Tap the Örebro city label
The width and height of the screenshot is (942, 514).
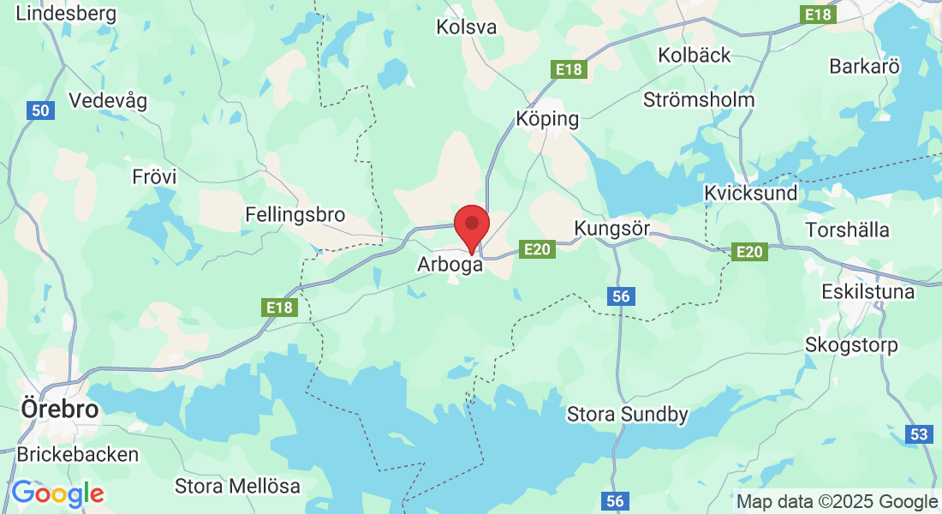[58, 409]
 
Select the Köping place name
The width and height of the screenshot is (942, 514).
[547, 119]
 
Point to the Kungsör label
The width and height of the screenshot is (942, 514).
[612, 229]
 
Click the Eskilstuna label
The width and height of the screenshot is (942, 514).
[867, 291]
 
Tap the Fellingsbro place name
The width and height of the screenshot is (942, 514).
[295, 214]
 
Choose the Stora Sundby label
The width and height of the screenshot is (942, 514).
[628, 415]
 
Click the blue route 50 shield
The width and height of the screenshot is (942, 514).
[40, 110]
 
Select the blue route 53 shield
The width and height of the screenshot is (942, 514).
[919, 434]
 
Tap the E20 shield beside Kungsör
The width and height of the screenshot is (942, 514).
[538, 249]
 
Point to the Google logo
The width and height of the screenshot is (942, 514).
[57, 493]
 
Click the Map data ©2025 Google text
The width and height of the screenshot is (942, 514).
[838, 502]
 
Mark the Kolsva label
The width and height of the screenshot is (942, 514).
[466, 27]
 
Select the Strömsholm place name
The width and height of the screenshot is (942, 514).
[699, 99]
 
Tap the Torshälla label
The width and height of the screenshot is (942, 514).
[847, 230]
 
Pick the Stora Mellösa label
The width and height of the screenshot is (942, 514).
[237, 487]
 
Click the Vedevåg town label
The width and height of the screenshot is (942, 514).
[108, 100]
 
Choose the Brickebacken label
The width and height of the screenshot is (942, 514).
[77, 454]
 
